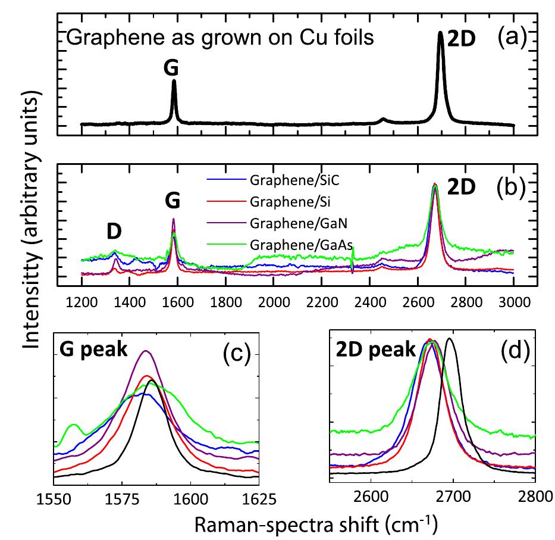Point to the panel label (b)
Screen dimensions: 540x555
click(512, 186)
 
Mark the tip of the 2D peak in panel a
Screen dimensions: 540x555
click(440, 33)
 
